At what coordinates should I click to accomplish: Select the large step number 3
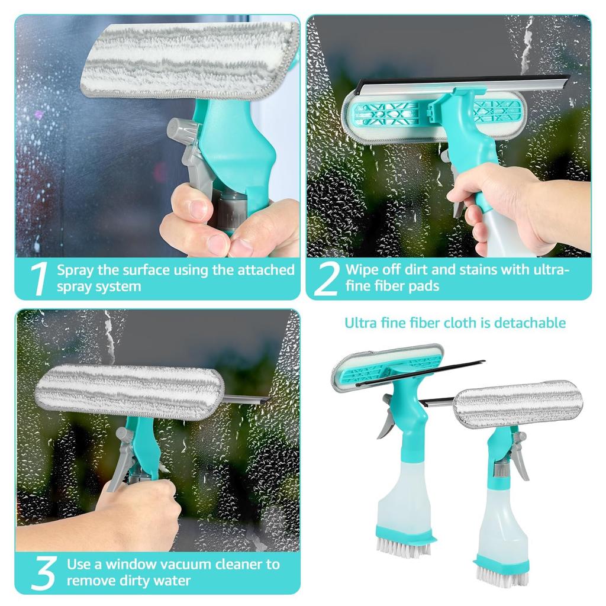(43, 572)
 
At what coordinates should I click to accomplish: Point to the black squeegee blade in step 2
(462, 80)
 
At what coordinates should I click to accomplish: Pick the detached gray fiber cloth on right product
(518, 404)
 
